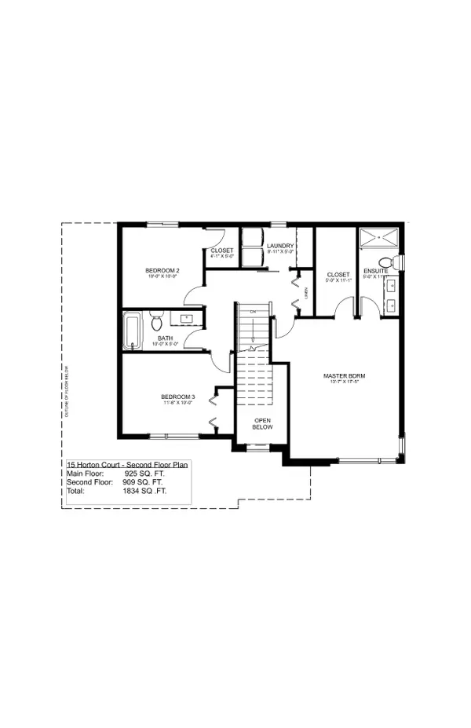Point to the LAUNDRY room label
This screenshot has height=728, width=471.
280,247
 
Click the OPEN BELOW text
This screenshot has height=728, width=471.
262,424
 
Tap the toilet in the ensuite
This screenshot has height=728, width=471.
385,262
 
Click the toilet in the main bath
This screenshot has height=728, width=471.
156,322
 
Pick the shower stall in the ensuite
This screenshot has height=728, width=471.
378,239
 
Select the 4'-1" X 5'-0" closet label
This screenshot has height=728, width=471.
222,251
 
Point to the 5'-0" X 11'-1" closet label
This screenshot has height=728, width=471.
338,275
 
